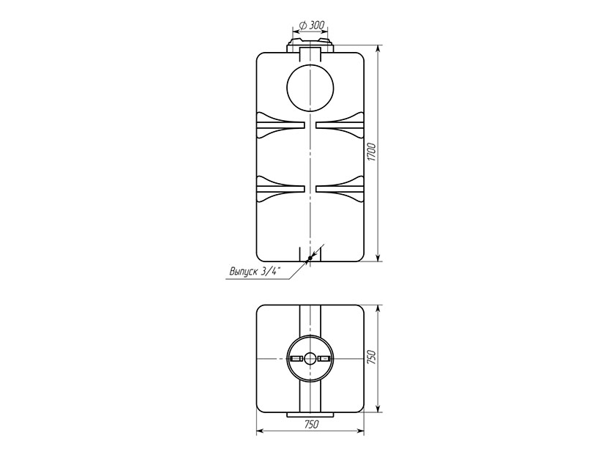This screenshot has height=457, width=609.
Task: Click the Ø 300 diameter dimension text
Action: tap(312, 26)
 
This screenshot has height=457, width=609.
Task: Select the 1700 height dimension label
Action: tap(372, 152)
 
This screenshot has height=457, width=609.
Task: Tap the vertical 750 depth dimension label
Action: tap(372, 357)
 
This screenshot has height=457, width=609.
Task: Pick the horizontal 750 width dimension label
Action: tap(311, 424)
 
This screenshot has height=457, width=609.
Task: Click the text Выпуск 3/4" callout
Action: tap(255, 272)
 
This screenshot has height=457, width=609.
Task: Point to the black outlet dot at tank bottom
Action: tap(310, 258)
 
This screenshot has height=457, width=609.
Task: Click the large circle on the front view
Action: tap(310, 89)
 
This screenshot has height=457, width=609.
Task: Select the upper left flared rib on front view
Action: tap(280, 125)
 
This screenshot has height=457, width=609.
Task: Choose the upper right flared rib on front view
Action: tap(340, 125)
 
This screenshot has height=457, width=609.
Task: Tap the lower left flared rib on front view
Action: tap(280, 189)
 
